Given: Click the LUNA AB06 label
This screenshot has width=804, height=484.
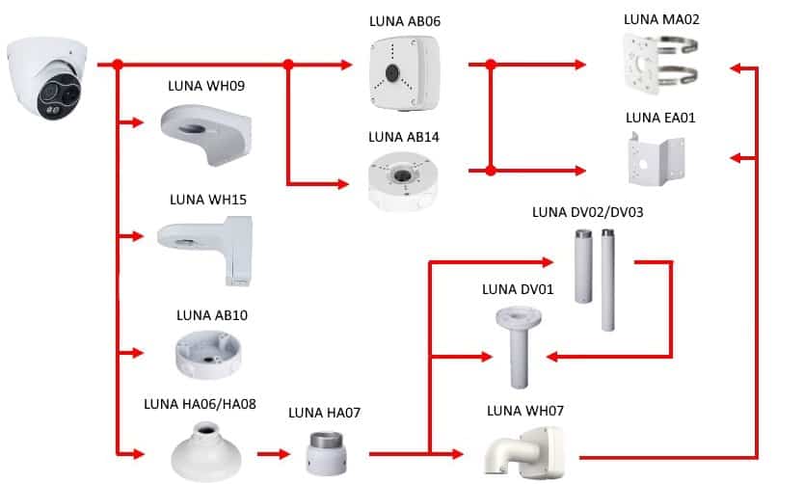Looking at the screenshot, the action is point(405,21).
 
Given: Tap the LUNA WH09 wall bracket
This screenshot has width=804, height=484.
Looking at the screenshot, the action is point(206,134).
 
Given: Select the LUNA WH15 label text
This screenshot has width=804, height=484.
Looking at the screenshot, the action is point(208,200).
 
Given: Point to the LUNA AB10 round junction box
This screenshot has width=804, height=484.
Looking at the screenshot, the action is point(207,354).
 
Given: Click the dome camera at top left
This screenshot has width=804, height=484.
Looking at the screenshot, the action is point(47,78).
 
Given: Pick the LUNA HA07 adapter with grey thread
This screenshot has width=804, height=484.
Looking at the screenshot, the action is point(327,454).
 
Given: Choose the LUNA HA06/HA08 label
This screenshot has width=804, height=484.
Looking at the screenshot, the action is point(200,404).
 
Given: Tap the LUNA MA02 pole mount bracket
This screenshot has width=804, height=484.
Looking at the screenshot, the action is point(660,64).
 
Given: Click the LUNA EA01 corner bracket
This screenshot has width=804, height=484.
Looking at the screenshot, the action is point(657,160).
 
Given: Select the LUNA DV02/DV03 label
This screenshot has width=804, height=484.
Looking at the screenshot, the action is point(588,212).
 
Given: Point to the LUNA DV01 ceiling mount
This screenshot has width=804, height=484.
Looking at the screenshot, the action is point(519,347).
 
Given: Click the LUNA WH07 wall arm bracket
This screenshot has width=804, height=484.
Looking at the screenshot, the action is point(523,453).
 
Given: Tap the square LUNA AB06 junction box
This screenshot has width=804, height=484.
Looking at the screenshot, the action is point(404,73).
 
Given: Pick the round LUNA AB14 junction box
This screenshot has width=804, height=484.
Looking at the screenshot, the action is point(403,180).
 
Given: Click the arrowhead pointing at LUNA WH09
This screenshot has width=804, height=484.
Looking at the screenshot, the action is point(138,122).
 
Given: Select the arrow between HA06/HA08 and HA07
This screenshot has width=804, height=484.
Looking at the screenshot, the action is point(274,454).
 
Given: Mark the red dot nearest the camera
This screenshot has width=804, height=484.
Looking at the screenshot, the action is point(118,65).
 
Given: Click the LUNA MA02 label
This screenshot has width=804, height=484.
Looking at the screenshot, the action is point(661,19).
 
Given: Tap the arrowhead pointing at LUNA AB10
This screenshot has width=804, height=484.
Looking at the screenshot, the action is point(138,353).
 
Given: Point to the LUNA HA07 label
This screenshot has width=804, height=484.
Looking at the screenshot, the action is point(325,413).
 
